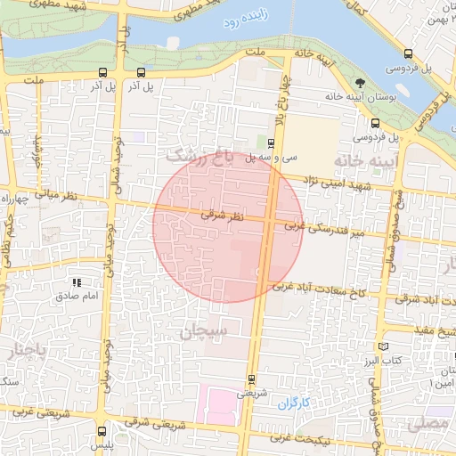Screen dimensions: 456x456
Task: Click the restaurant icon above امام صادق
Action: click(x=77, y=282)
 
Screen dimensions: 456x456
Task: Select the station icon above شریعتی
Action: click(x=250, y=378)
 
